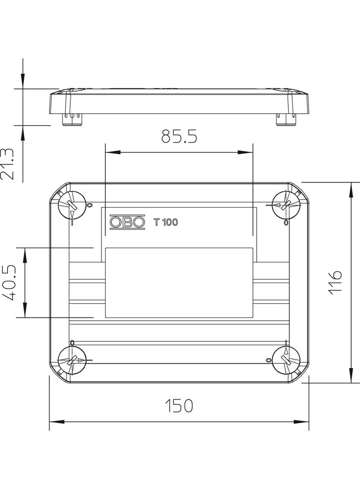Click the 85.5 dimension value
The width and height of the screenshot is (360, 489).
point(179,136)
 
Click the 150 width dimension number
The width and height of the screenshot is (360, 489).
point(179,405)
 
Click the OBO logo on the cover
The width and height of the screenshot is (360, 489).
point(127,222)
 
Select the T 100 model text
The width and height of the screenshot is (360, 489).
point(165,222)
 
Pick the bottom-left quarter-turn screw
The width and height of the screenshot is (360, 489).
point(72,361)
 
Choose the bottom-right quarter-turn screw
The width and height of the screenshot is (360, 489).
point(286,361)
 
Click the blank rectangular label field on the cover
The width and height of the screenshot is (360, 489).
point(179,282)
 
